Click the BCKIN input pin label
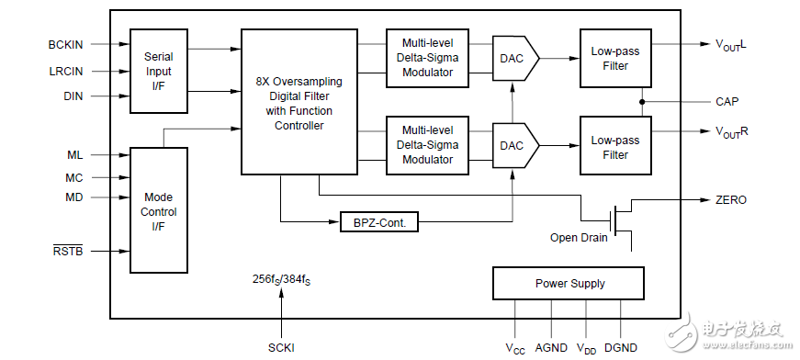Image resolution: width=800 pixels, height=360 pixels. [65, 43]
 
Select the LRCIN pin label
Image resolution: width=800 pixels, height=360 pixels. [65, 70]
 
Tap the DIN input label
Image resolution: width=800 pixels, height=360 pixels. [73, 96]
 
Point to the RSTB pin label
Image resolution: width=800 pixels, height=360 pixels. [67, 250]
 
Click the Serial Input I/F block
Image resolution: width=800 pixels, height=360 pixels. [159, 71]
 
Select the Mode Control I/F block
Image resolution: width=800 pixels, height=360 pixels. [159, 211]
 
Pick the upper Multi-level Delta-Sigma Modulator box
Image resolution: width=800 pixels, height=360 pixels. [427, 58]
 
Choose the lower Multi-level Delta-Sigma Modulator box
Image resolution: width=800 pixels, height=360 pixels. [427, 145]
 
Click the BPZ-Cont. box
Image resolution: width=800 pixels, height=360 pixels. [378, 222]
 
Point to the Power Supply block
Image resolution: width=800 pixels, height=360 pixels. [569, 284]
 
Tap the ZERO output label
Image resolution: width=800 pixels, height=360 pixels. [731, 199]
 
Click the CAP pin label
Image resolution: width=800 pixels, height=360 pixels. [727, 101]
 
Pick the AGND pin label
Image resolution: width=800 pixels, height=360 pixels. [551, 347]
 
